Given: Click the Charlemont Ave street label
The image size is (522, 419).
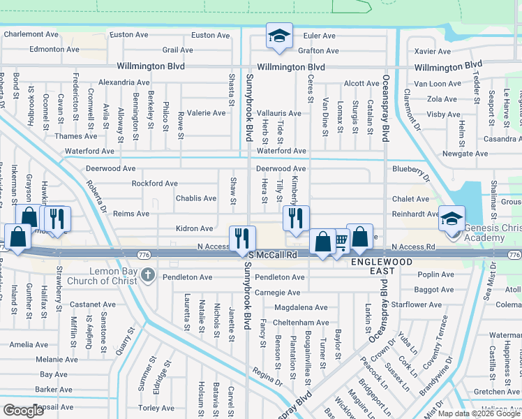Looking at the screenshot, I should [x=31, y=34].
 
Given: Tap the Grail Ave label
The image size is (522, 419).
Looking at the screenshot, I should [x=177, y=50].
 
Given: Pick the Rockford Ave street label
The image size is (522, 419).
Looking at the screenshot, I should [x=154, y=184].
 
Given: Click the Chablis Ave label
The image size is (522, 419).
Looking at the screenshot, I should [x=195, y=198].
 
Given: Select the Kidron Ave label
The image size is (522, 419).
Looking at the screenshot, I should [x=194, y=228].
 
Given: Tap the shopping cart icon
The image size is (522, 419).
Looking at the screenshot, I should [x=340, y=242].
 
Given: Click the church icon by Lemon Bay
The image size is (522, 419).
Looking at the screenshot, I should [x=147, y=275].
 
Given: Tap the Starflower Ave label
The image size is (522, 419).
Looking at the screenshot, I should [x=417, y=304].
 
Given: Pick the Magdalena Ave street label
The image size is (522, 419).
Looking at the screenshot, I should [x=301, y=307].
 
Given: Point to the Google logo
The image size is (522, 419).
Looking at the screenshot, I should [x=24, y=411].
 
